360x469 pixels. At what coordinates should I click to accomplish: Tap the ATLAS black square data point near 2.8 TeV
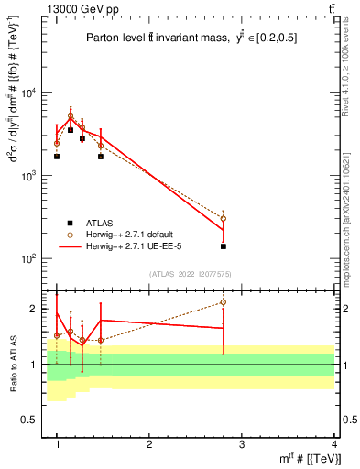[x=223, y=246]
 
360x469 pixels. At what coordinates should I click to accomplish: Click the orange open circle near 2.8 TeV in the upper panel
[x=223, y=219]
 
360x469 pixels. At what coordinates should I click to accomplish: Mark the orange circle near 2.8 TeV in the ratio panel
[x=223, y=302]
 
